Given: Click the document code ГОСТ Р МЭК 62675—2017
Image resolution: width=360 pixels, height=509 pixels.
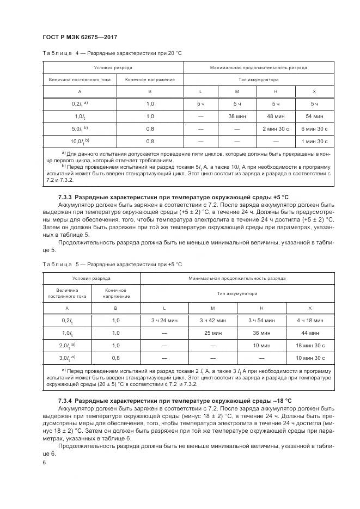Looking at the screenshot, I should (80, 36).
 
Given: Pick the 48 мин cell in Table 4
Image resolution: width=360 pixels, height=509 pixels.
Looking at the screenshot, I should (276, 116).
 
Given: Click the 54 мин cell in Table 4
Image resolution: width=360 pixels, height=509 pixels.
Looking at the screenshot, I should (314, 116).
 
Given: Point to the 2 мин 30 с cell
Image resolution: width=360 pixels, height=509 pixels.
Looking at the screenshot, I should (276, 128).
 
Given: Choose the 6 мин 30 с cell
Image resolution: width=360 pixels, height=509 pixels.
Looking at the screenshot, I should (314, 128).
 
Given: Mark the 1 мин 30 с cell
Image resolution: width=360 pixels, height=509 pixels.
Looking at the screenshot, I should (314, 141).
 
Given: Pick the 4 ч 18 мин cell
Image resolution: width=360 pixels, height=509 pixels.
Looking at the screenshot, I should (310, 321).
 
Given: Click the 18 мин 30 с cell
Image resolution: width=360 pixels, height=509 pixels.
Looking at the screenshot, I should (310, 345).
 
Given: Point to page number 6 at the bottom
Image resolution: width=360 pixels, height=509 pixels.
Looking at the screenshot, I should (45, 462).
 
